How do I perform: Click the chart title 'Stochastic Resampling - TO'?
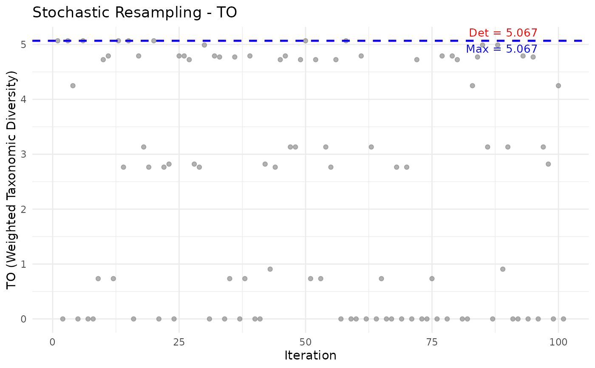134,13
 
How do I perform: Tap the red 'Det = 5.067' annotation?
503,33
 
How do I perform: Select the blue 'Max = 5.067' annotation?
501,49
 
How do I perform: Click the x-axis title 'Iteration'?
310,355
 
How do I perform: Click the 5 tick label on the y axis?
24,45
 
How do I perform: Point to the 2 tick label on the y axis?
24,209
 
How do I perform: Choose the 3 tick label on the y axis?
24,154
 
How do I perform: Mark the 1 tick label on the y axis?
24,264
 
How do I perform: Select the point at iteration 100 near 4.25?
558,85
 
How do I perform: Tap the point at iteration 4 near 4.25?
73,85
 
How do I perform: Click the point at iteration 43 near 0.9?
270,269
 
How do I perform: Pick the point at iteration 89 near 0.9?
503,269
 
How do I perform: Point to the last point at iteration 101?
563,319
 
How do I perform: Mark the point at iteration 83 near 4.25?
472,85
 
